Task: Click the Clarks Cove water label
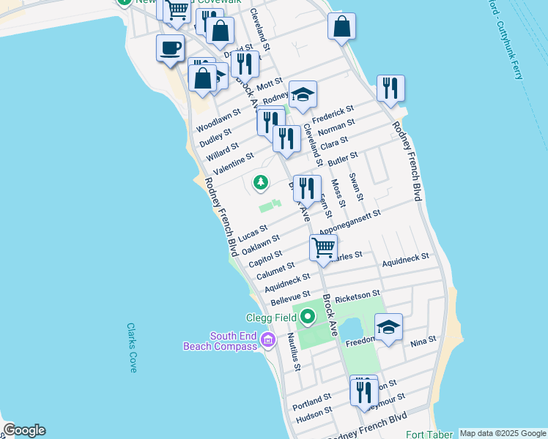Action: coord(132,348)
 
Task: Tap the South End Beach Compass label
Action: coord(221,341)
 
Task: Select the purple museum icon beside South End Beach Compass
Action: coord(267,340)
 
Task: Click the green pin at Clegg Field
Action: coord(308,317)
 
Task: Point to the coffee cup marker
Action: coord(170,49)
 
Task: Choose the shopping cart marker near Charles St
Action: coord(323,247)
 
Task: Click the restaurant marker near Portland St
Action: coord(364,391)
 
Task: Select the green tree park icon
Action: coord(260,181)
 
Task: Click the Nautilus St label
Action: coord(293,351)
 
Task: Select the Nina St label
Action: coord(423,340)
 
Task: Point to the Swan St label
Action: coord(356,187)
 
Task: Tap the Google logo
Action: coord(24,430)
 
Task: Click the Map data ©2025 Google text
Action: coord(503,433)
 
